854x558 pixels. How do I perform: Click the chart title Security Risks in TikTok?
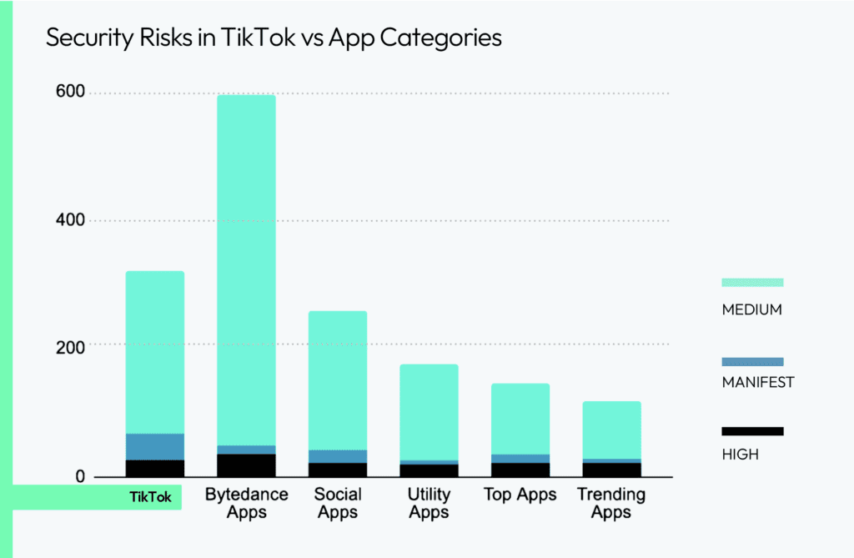click(274, 38)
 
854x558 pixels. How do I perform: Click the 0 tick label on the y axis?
click(80, 476)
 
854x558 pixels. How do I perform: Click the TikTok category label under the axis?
click(150, 497)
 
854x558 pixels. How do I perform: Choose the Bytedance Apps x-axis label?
click(247, 503)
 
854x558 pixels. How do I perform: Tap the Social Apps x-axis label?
click(338, 503)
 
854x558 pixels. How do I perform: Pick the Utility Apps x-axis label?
click(429, 503)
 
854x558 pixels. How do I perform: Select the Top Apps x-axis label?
click(520, 495)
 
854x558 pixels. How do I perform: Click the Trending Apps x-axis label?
click(611, 503)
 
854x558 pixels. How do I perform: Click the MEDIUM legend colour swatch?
click(751, 282)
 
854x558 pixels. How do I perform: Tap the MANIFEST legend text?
click(757, 383)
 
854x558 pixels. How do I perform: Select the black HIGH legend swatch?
click(751, 431)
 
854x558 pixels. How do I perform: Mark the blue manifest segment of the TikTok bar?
click(155, 446)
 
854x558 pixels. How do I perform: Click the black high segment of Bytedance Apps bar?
click(247, 465)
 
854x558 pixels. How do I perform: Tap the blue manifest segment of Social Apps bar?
click(338, 456)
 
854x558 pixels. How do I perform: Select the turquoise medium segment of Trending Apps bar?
click(611, 430)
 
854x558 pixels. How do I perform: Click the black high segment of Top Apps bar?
click(520, 470)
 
